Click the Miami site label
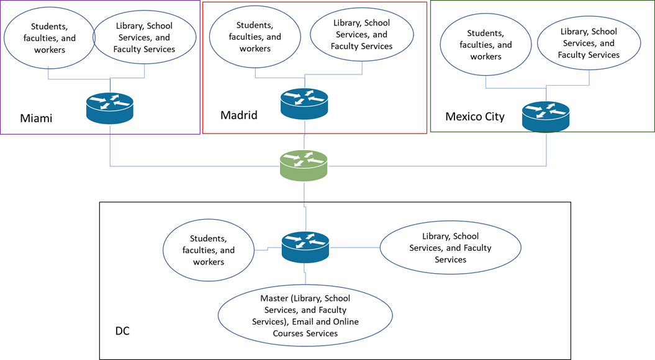(x=37, y=118)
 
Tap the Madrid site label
(x=239, y=115)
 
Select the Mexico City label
(x=475, y=117)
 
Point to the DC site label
(x=122, y=331)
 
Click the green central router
(x=304, y=166)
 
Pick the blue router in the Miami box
(x=110, y=109)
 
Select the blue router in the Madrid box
(x=304, y=104)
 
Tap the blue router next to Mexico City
(x=546, y=117)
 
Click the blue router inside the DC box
(x=305, y=247)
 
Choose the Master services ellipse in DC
(x=305, y=316)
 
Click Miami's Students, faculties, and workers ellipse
(x=50, y=38)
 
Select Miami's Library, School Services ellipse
(x=145, y=38)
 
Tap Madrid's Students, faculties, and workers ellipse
(x=255, y=37)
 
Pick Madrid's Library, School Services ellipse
(x=362, y=35)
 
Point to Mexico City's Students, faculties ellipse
(x=486, y=45)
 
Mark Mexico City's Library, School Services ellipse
(x=589, y=43)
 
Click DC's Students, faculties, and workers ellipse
(x=209, y=250)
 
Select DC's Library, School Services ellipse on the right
(x=450, y=248)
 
